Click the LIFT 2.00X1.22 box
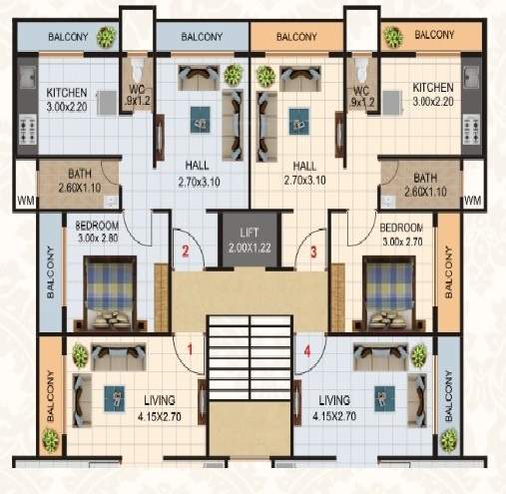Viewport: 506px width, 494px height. [249, 241]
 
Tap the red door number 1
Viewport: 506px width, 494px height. [190, 351]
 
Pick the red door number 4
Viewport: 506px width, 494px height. [308, 351]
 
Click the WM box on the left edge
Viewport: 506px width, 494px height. [23, 202]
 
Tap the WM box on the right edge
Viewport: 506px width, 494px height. [473, 202]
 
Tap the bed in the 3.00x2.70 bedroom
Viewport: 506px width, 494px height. [390, 286]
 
